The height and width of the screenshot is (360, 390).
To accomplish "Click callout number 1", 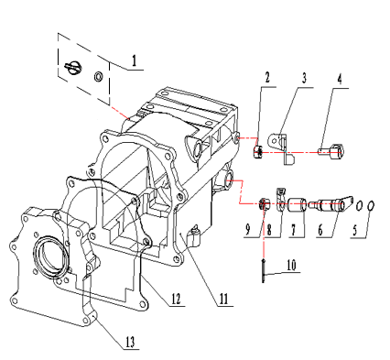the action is click(x=134, y=60).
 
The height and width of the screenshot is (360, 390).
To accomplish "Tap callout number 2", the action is click(x=267, y=78).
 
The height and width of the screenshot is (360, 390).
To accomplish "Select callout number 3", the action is click(x=304, y=78).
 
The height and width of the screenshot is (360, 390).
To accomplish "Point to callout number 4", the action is click(x=340, y=79).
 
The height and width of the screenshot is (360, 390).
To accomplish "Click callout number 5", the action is click(x=354, y=230).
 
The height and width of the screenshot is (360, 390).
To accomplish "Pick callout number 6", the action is click(x=320, y=230).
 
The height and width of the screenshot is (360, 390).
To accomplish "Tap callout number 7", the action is click(x=293, y=230).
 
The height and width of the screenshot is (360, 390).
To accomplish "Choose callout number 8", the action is click(x=269, y=230).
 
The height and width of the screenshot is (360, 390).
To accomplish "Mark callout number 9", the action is click(x=247, y=230).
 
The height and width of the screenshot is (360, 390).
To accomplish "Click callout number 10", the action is click(x=291, y=265).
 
